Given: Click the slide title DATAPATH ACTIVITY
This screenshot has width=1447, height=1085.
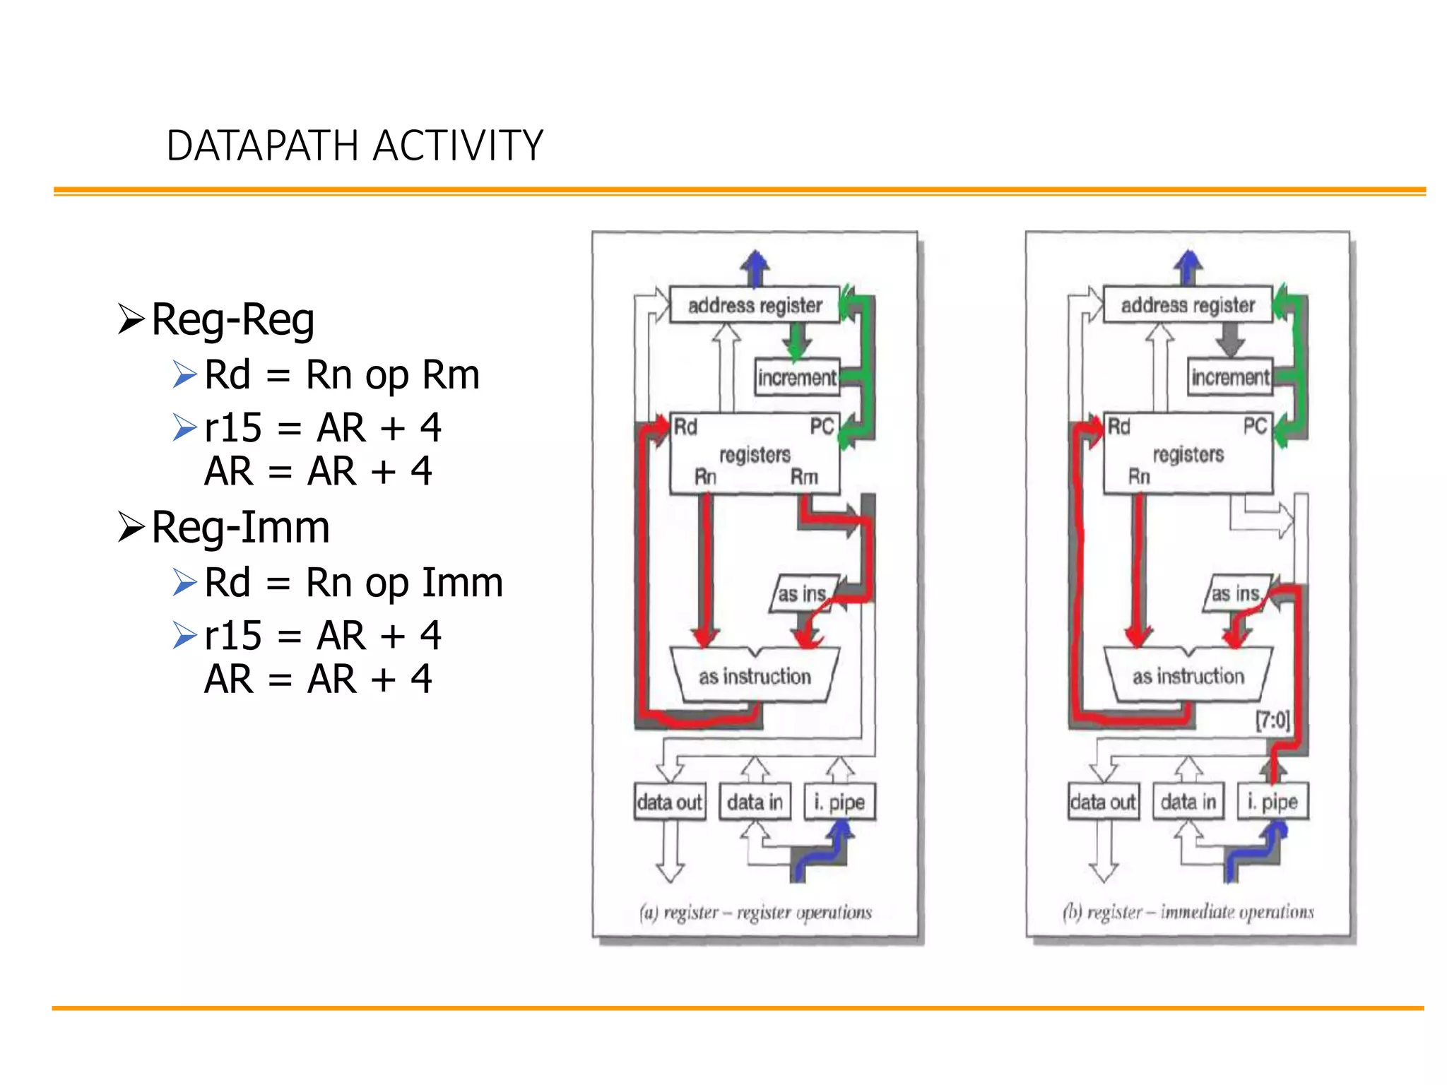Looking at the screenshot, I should point(355,146).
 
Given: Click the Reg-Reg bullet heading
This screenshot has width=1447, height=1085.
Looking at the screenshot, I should point(232,319).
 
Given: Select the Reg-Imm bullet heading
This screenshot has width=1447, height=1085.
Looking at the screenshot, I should point(240,527).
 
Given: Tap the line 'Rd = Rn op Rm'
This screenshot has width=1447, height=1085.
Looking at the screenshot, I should point(341,374).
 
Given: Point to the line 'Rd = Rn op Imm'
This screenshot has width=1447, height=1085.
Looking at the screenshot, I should point(353,583).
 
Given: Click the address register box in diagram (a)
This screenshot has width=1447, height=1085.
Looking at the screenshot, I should point(754,305).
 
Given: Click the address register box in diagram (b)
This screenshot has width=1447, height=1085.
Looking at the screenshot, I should point(1188,305).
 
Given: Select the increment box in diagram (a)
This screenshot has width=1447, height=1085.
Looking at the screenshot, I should point(796,377).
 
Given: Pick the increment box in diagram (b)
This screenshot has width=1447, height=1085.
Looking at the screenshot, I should point(1230,377).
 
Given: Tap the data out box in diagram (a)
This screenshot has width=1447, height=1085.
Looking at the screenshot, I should point(669,802).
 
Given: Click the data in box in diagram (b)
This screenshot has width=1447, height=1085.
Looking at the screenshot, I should point(1188,802).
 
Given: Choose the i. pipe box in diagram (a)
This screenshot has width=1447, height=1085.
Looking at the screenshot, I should point(839,802).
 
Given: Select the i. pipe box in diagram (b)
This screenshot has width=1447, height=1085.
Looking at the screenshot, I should point(1272,802).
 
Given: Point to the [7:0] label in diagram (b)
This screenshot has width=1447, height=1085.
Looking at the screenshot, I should point(1272,721).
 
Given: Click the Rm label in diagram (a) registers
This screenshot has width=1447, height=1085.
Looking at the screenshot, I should point(804,477).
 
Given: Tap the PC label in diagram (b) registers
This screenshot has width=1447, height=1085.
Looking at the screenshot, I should point(1255,426).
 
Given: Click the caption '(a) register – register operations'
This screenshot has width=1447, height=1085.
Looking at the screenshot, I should point(755,913).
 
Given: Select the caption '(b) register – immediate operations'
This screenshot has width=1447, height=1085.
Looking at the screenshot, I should point(1188,913).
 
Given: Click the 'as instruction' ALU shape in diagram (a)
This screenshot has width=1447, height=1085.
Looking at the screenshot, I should point(755,676).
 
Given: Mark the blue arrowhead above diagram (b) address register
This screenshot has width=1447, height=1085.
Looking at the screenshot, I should point(1188,261).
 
